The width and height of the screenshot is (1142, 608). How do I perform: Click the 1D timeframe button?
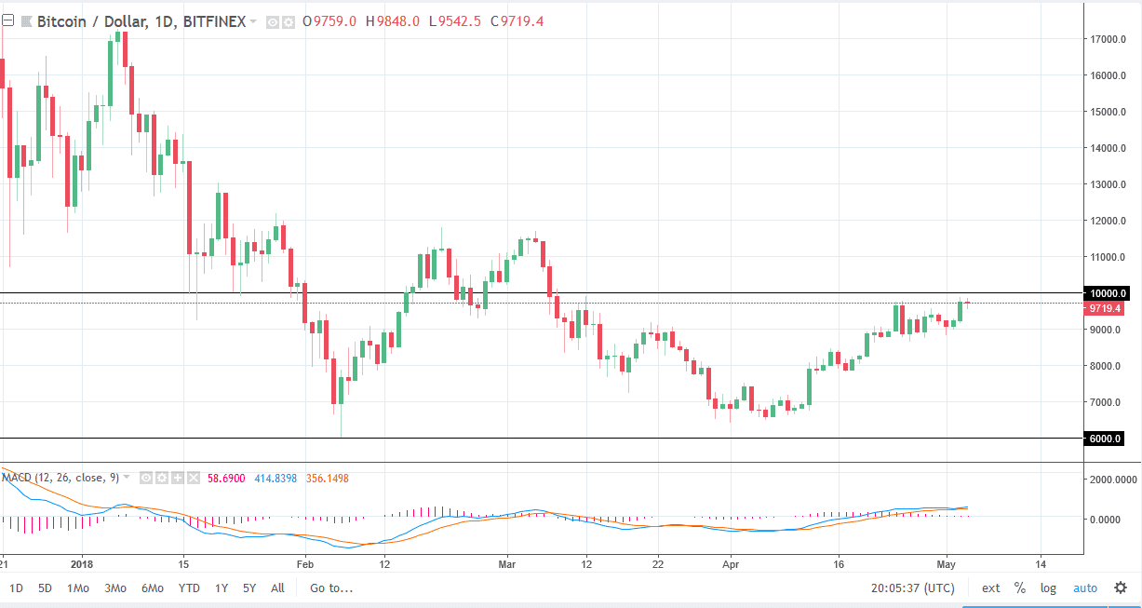[17, 588]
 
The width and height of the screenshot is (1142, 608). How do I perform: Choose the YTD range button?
[189, 588]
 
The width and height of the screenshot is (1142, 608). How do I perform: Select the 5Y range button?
[249, 588]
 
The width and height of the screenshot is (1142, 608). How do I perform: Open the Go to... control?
[332, 588]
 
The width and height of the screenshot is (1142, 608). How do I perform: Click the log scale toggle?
[1048, 588]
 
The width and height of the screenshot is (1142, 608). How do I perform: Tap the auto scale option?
[1085, 588]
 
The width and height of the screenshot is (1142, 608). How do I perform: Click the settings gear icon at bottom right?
[1121, 588]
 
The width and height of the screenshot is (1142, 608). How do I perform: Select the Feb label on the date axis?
[303, 563]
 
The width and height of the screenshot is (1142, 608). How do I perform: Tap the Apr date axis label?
[730, 563]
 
